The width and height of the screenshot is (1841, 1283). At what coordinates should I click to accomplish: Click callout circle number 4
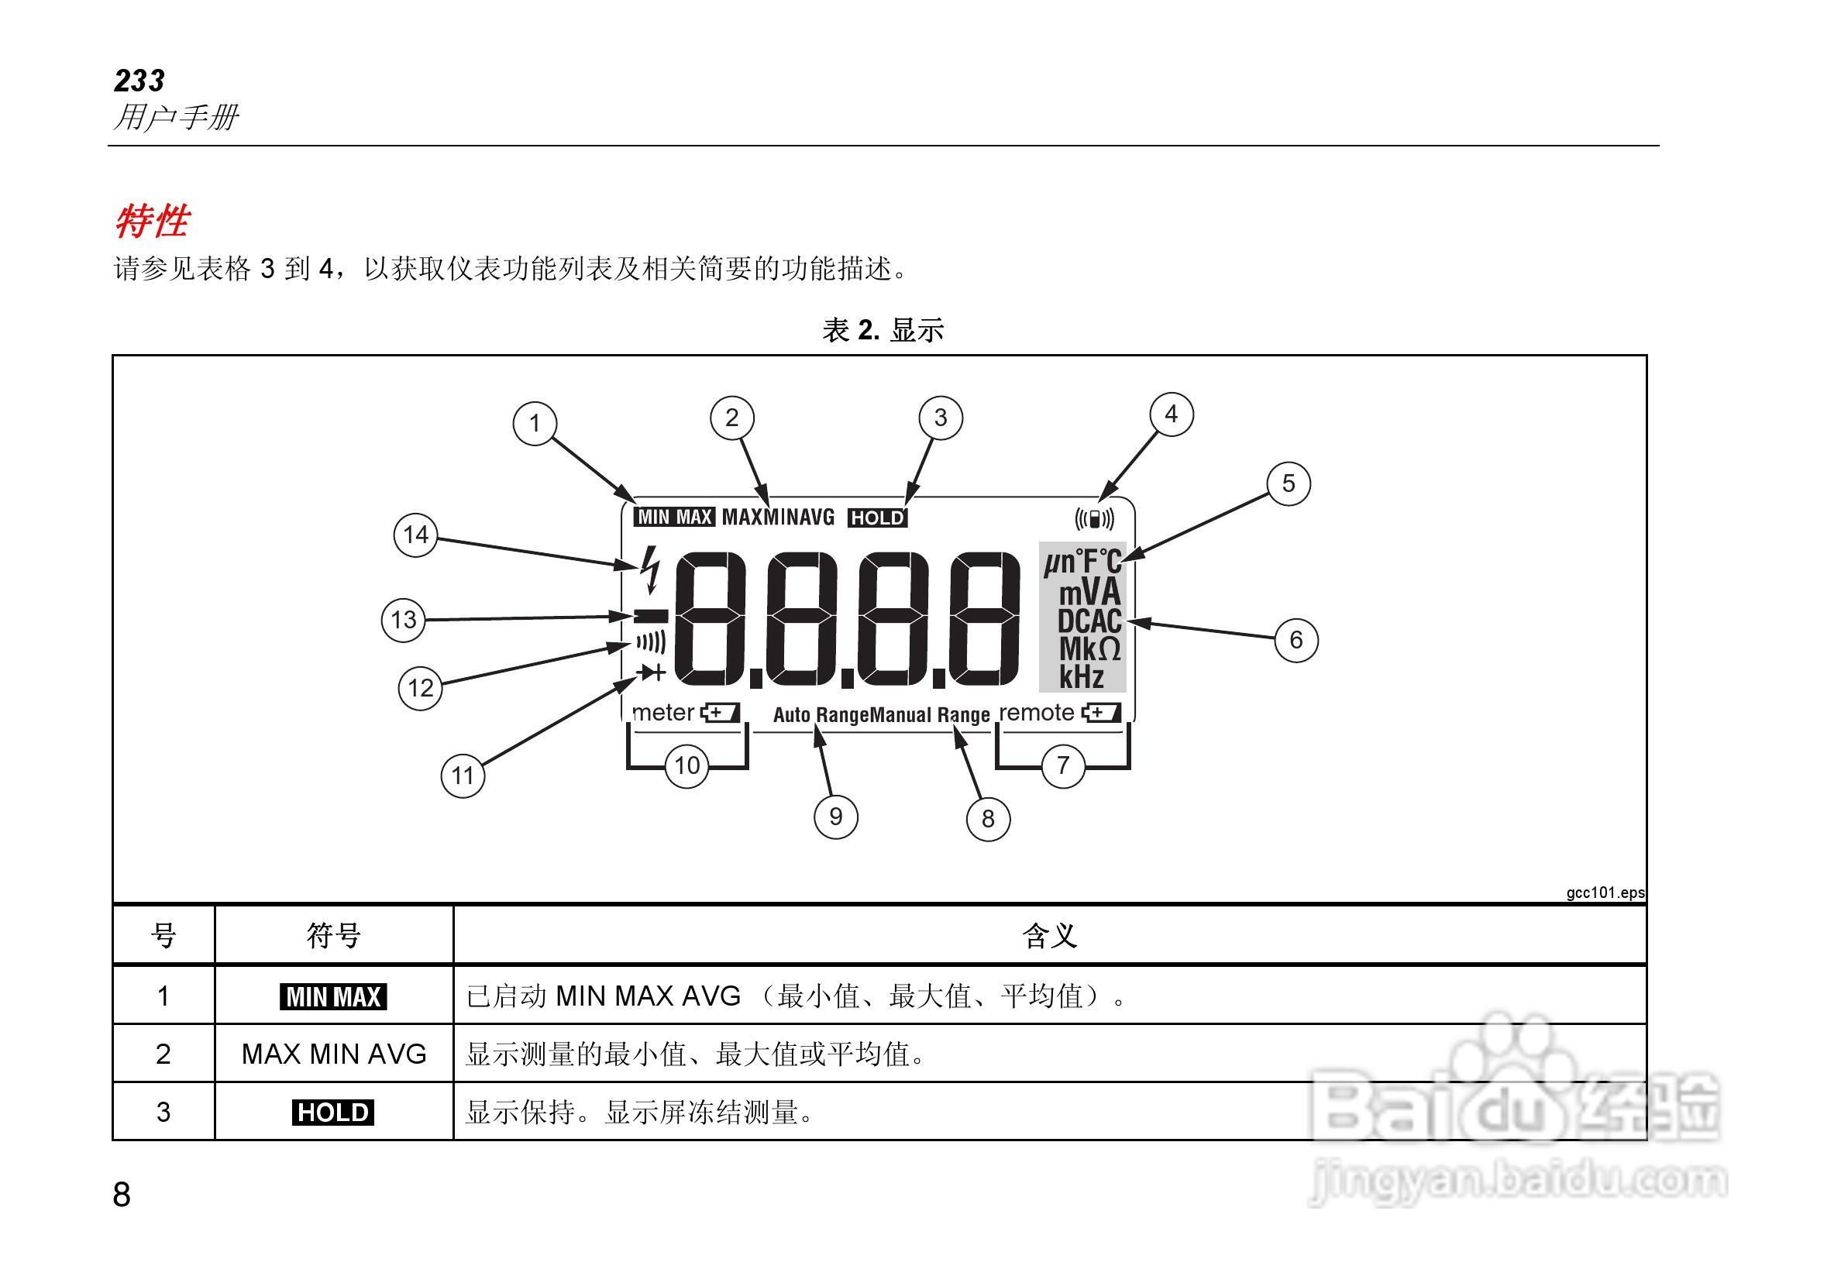pyautogui.click(x=1171, y=414)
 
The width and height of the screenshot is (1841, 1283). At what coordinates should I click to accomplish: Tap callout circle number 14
pyautogui.click(x=415, y=535)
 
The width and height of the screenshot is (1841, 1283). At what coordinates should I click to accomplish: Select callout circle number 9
pyautogui.click(x=835, y=817)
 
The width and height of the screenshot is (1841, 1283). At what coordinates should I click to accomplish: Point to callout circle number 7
pyautogui.click(x=1062, y=765)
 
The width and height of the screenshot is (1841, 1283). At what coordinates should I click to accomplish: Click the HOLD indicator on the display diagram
pyautogui.click(x=877, y=518)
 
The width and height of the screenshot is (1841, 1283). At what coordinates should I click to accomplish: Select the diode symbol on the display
pyautogui.click(x=650, y=672)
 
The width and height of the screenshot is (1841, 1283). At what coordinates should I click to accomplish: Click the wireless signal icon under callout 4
pyautogui.click(x=1095, y=520)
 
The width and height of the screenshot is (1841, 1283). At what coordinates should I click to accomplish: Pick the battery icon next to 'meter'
pyautogui.click(x=720, y=713)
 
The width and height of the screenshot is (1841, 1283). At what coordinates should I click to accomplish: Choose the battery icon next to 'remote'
pyautogui.click(x=1101, y=713)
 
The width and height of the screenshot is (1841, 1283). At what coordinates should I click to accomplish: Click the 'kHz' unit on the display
pyautogui.click(x=1081, y=677)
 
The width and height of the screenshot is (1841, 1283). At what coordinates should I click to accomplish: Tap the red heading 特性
pyautogui.click(x=152, y=221)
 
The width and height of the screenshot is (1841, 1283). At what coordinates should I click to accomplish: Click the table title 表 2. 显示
pyautogui.click(x=883, y=329)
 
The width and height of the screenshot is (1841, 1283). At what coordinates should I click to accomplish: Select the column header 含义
pyautogui.click(x=1049, y=935)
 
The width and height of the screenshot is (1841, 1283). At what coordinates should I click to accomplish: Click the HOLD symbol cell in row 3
pyautogui.click(x=332, y=1113)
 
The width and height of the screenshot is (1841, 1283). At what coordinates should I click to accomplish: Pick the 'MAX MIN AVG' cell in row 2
pyautogui.click(x=333, y=1054)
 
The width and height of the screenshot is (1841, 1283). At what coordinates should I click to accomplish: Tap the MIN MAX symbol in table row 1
pyautogui.click(x=332, y=997)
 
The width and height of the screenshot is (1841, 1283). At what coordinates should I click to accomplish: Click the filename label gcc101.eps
pyautogui.click(x=1605, y=893)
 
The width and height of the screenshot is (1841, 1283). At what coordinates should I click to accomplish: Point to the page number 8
pyautogui.click(x=122, y=1194)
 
